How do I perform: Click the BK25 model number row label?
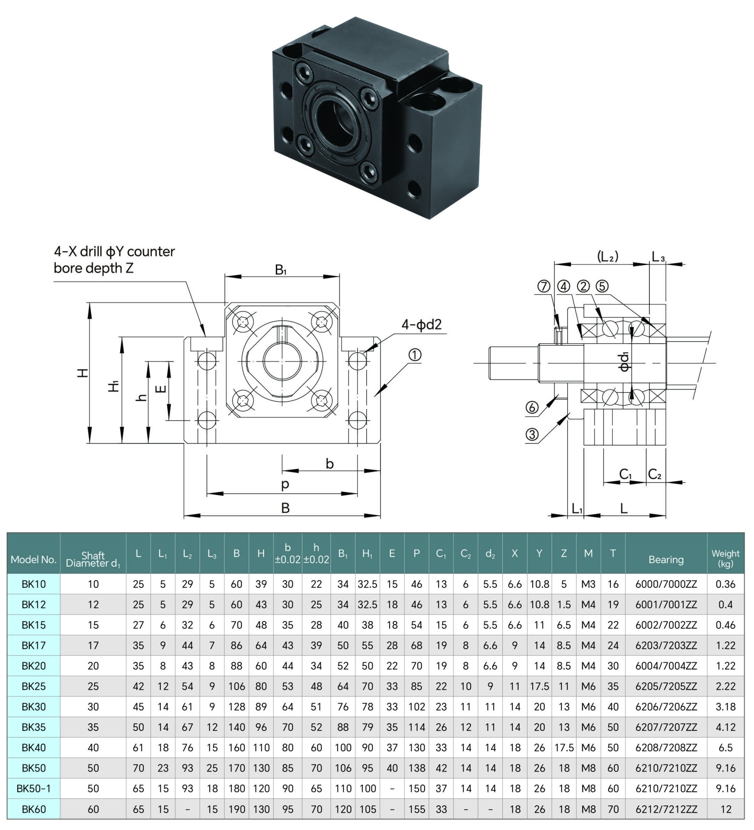(33, 686)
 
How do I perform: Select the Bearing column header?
(666, 559)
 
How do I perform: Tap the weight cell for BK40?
(725, 747)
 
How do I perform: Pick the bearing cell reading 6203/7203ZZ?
(666, 645)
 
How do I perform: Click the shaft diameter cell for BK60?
(93, 809)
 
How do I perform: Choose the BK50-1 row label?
(33, 788)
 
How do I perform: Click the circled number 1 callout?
(415, 355)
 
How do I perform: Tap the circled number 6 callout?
(532, 407)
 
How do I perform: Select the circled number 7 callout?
(543, 286)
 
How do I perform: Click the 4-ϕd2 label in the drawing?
(422, 324)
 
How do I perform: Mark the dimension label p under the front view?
(285, 484)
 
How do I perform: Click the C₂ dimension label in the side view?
(655, 474)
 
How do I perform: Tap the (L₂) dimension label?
(607, 257)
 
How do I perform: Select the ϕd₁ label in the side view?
(624, 361)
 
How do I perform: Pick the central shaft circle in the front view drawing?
(282, 363)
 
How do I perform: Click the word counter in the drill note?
(151, 252)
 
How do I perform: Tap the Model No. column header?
(33, 559)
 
